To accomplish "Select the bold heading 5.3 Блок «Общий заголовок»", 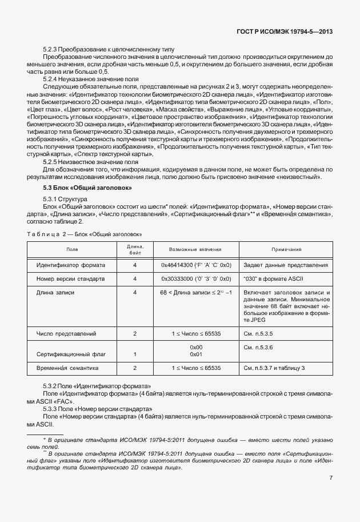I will pos(88,188).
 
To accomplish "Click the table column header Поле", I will pos(73,249).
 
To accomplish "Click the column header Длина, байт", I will pos(135,249).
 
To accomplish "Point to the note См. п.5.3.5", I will pos(259,333).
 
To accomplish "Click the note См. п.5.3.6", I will pos(259,347).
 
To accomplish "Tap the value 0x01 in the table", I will pos(196,354).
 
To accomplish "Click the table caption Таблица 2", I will pos(46,234).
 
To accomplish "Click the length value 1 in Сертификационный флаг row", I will pos(135,354).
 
